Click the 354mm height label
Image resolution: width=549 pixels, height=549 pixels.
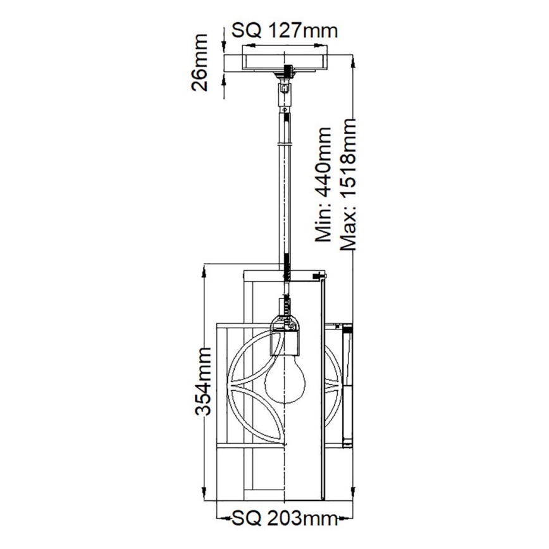coord(202,381)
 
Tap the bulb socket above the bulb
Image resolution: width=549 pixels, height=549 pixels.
coord(286,332)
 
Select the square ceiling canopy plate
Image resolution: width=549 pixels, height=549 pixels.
coord(287,61)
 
